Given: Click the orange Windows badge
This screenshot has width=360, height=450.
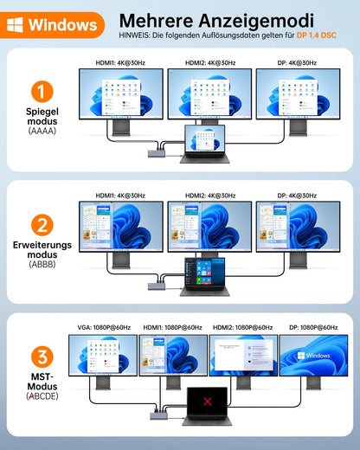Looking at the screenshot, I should tap(53, 25).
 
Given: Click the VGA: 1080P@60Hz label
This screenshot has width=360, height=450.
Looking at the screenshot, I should tap(104, 327).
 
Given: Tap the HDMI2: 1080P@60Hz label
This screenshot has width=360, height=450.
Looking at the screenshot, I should tap(244, 327).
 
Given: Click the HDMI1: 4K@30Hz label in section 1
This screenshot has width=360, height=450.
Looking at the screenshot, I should tap(120, 62).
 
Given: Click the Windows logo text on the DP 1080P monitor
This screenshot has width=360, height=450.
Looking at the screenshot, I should tap(313, 356).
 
